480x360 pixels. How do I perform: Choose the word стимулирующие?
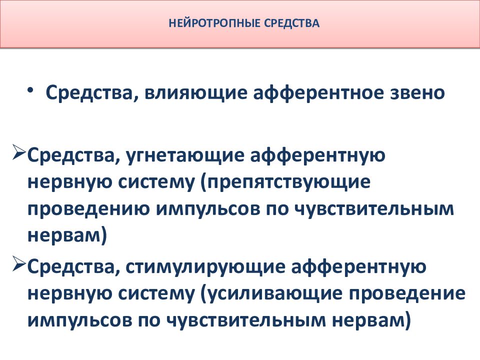(x=198, y=267)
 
